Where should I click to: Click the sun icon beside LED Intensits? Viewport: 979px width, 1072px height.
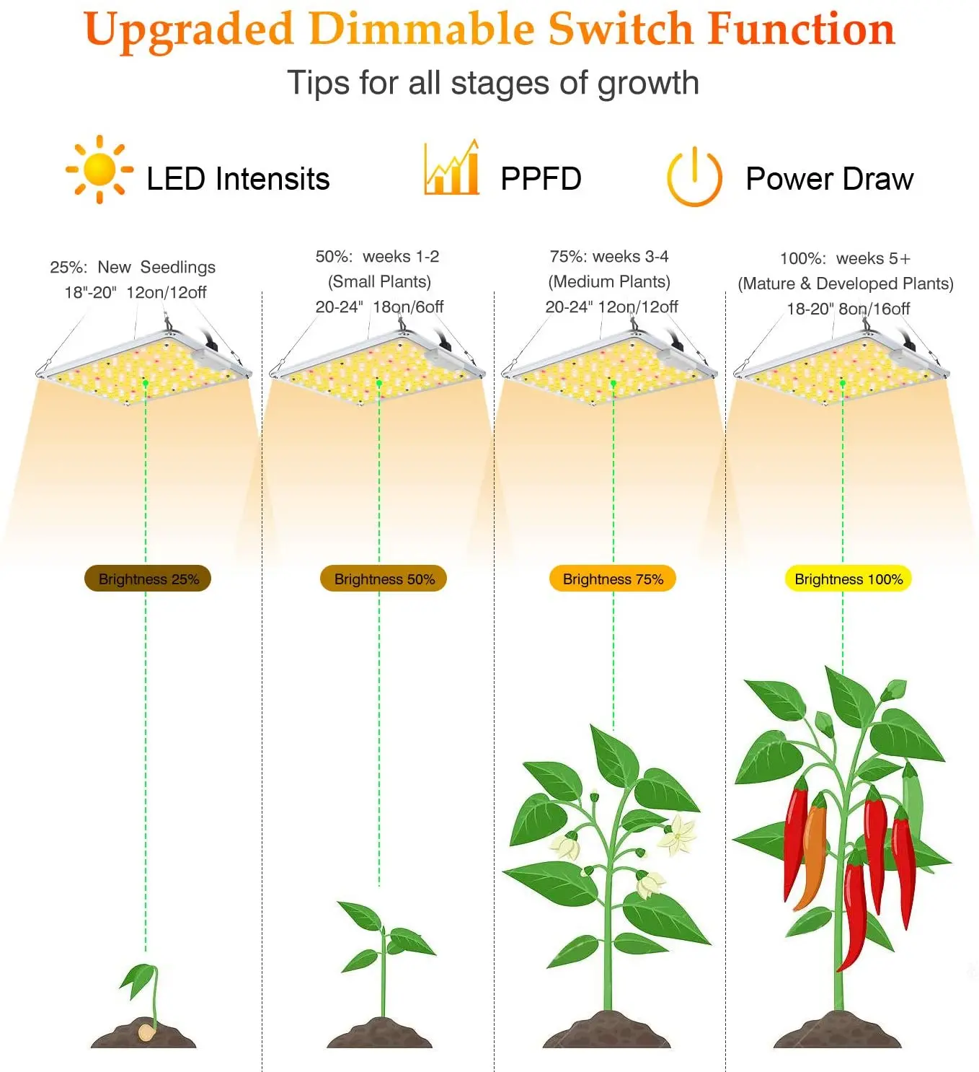(99, 170)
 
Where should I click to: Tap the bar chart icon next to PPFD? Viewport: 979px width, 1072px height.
(452, 168)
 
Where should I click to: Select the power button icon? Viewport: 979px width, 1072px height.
(694, 177)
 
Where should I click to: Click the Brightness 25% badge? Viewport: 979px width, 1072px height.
(148, 579)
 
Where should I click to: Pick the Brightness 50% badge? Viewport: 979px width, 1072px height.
(384, 579)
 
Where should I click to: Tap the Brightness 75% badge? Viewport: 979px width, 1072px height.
(613, 579)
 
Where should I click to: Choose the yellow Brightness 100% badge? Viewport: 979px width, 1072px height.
(849, 579)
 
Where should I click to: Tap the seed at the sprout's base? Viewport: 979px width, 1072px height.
(147, 1032)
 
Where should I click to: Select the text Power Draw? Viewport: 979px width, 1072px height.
(830, 179)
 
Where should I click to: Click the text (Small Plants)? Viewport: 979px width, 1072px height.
(379, 281)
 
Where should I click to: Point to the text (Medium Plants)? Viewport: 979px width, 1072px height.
(609, 281)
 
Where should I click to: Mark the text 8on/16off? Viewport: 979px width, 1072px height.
(874, 309)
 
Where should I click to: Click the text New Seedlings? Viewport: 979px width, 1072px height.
(156, 267)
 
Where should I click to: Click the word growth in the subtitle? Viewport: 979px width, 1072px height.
(648, 83)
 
